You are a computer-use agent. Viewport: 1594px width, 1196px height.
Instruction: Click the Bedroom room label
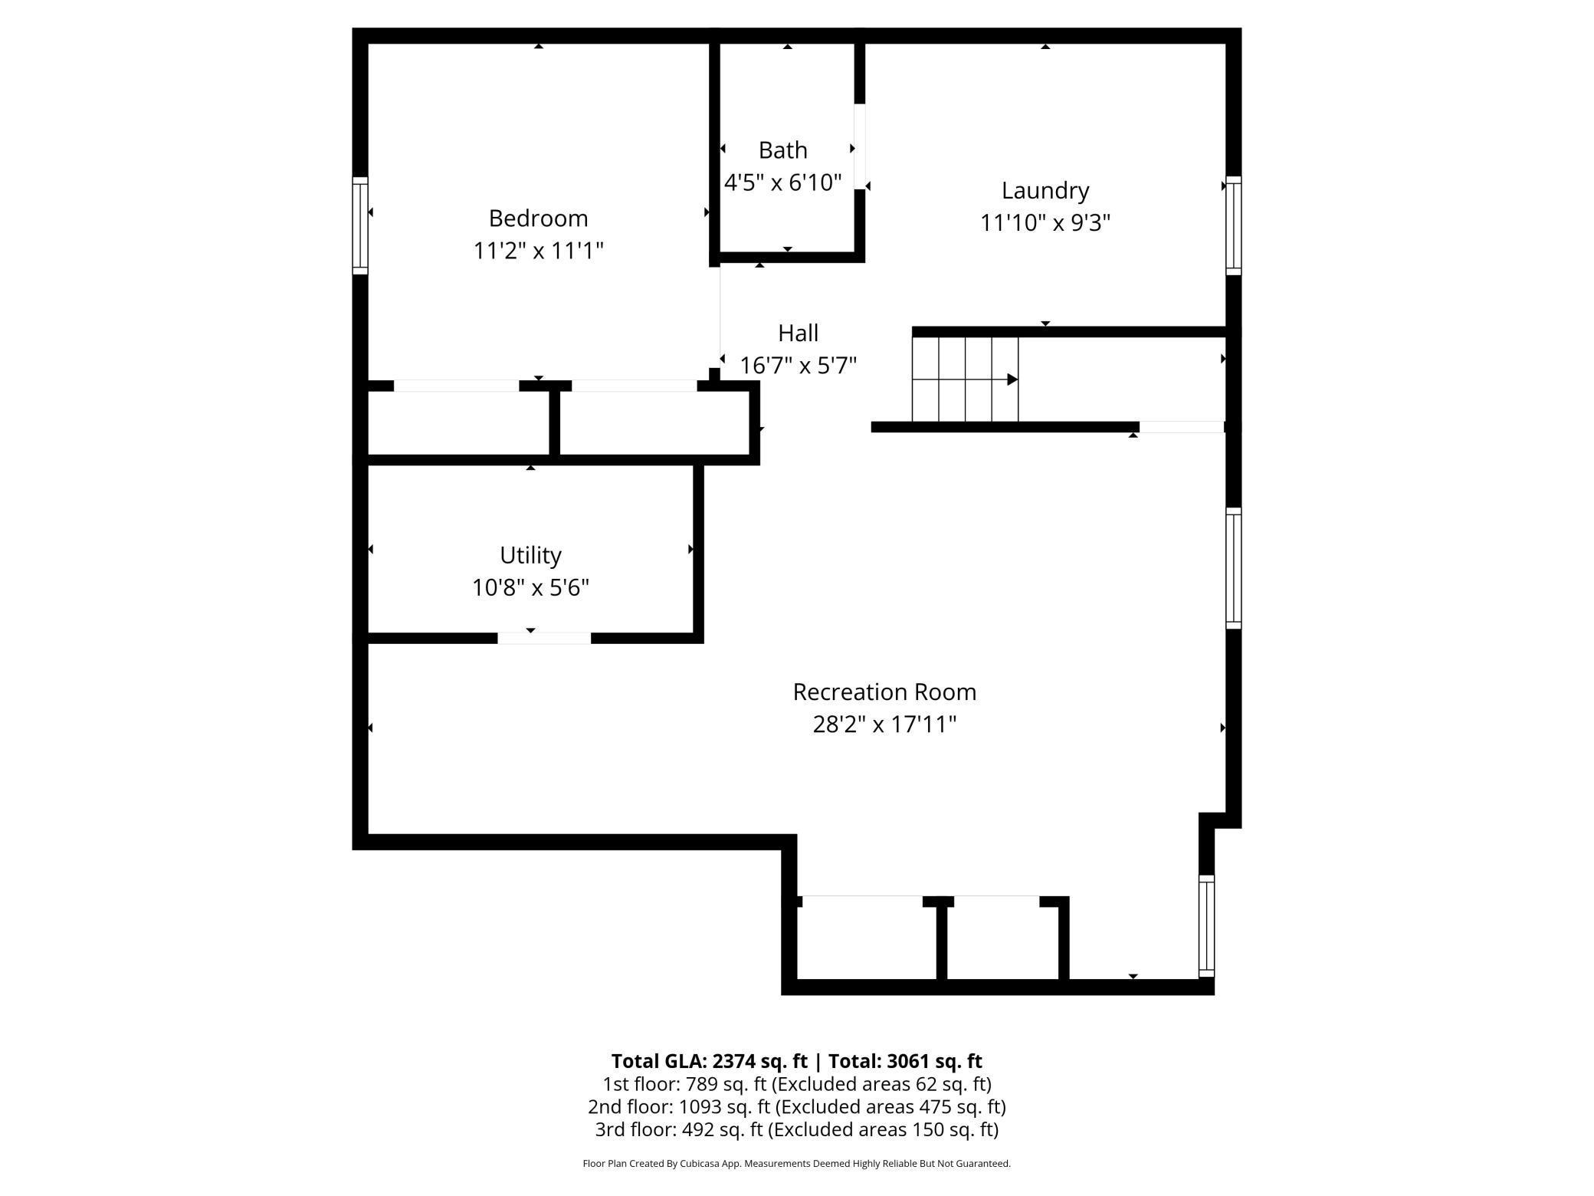pyautogui.click(x=538, y=219)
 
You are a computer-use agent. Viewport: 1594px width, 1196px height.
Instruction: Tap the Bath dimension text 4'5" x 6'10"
pyautogui.click(x=782, y=182)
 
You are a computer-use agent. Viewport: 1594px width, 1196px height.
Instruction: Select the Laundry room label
pyautogui.click(x=1045, y=190)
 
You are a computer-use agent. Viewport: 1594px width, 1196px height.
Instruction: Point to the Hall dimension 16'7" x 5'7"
pyautogui.click(x=798, y=366)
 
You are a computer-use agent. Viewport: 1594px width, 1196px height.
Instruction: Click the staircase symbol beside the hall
pyautogui.click(x=964, y=379)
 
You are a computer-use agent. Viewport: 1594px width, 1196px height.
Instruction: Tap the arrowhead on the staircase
pyautogui.click(x=1012, y=379)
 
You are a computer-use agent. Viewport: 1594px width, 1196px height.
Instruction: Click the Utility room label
pyautogui.click(x=530, y=555)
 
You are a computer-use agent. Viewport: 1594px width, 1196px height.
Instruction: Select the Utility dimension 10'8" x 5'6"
pyautogui.click(x=530, y=588)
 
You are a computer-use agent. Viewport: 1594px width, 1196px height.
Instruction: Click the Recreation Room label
pyautogui.click(x=884, y=692)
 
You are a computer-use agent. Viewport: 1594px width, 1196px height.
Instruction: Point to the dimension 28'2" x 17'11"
pyautogui.click(x=884, y=724)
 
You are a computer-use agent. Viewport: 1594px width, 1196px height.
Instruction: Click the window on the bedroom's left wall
pyautogui.click(x=360, y=225)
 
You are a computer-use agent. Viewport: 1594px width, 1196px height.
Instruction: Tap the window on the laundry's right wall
pyautogui.click(x=1233, y=225)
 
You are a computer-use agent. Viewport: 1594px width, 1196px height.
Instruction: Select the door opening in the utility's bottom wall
pyautogui.click(x=544, y=638)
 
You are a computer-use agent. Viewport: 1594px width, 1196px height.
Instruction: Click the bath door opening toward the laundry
pyautogui.click(x=860, y=146)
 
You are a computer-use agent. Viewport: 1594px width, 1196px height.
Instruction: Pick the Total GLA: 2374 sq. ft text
pyautogui.click(x=709, y=1061)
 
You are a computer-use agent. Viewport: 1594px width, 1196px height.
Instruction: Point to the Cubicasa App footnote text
pyautogui.click(x=796, y=1164)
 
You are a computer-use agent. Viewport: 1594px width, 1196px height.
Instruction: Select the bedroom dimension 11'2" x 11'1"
pyautogui.click(x=538, y=251)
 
